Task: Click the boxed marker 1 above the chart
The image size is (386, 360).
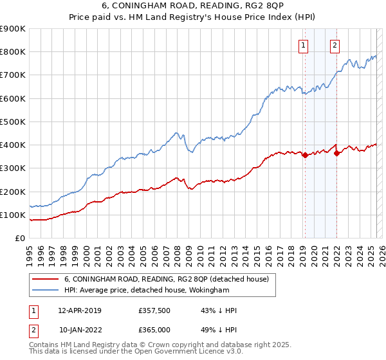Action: (x=302, y=45)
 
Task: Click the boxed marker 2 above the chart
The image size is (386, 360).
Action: (x=335, y=45)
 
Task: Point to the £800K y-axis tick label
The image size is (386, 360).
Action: (x=14, y=52)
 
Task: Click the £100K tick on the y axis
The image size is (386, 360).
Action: (x=14, y=215)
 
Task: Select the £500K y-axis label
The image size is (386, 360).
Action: (x=14, y=122)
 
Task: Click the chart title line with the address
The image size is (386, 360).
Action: (x=193, y=8)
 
